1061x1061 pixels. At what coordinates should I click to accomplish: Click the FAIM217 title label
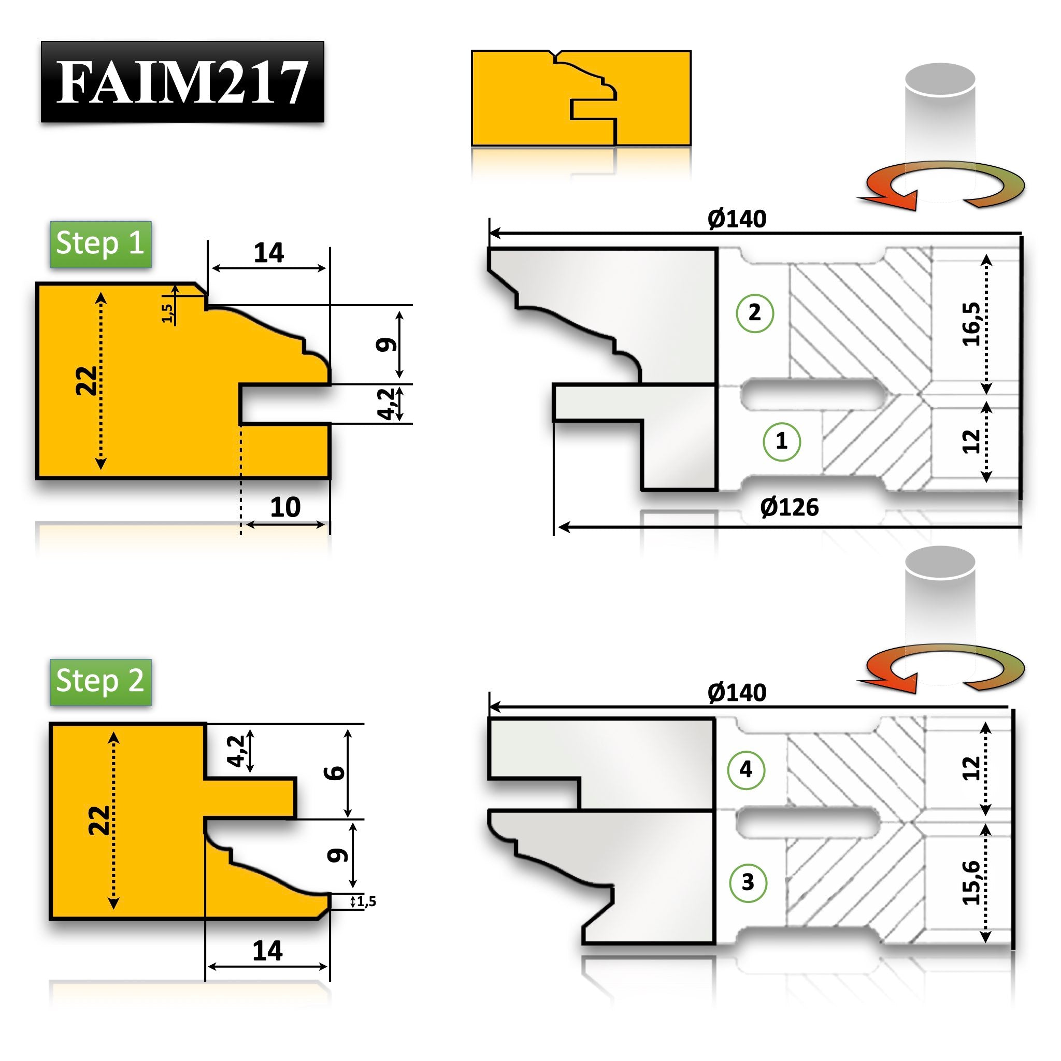coord(182,82)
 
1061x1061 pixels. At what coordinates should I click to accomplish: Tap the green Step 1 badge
coord(101,243)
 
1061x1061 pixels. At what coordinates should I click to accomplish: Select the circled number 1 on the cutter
coord(781,441)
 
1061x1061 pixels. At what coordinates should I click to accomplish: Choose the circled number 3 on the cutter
coord(748,882)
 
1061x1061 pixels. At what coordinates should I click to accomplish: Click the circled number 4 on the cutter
coord(746,770)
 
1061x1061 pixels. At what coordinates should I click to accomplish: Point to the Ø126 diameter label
coord(789,507)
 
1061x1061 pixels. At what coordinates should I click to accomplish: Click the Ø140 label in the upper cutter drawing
coord(737,219)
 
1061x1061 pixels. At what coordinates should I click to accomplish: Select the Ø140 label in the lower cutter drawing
coord(737,693)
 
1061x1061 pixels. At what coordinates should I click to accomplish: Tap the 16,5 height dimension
coord(971,324)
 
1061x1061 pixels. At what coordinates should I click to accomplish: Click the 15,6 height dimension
coord(971,882)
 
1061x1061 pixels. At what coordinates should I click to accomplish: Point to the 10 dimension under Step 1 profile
coord(285,507)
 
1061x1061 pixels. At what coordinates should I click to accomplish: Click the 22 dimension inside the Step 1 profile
coord(87,380)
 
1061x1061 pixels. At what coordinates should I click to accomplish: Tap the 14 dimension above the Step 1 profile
coord(268,253)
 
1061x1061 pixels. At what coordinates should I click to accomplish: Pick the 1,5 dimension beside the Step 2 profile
coord(366,902)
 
